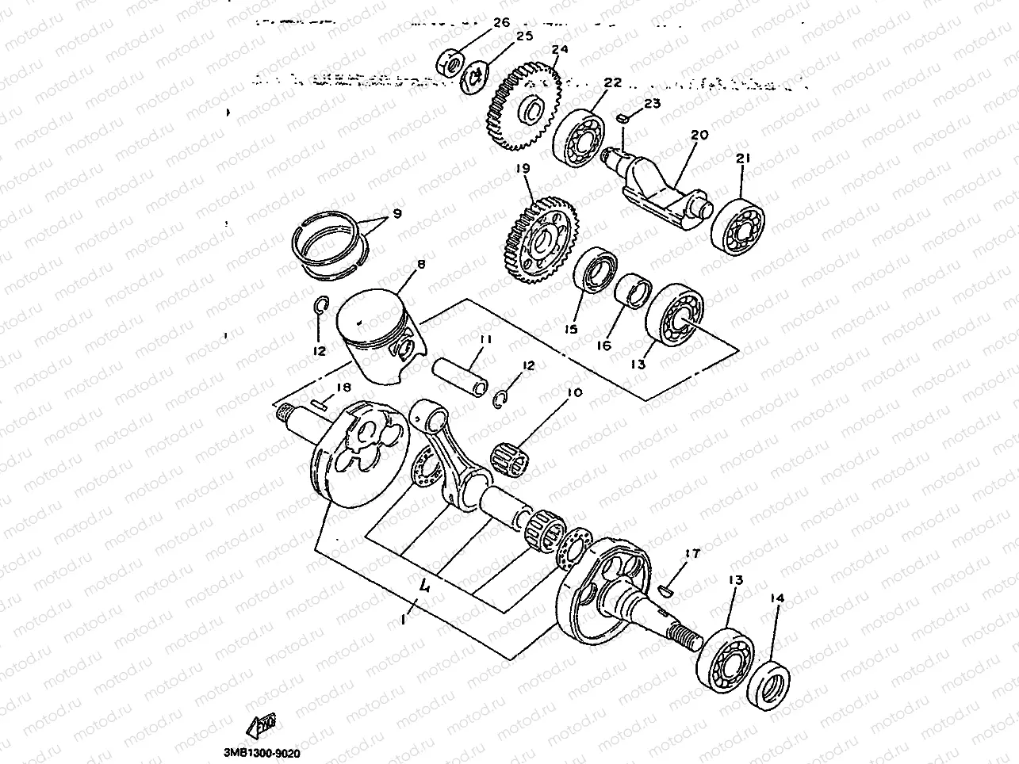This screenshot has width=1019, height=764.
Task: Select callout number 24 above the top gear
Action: click(x=560, y=50)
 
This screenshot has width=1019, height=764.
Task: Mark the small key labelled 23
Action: click(x=623, y=117)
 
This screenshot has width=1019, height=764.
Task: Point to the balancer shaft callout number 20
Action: click(x=698, y=136)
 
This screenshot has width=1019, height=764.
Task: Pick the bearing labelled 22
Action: click(x=582, y=136)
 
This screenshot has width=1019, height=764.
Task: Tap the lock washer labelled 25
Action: click(x=478, y=75)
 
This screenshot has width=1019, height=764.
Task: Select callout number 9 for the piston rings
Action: click(x=396, y=213)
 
